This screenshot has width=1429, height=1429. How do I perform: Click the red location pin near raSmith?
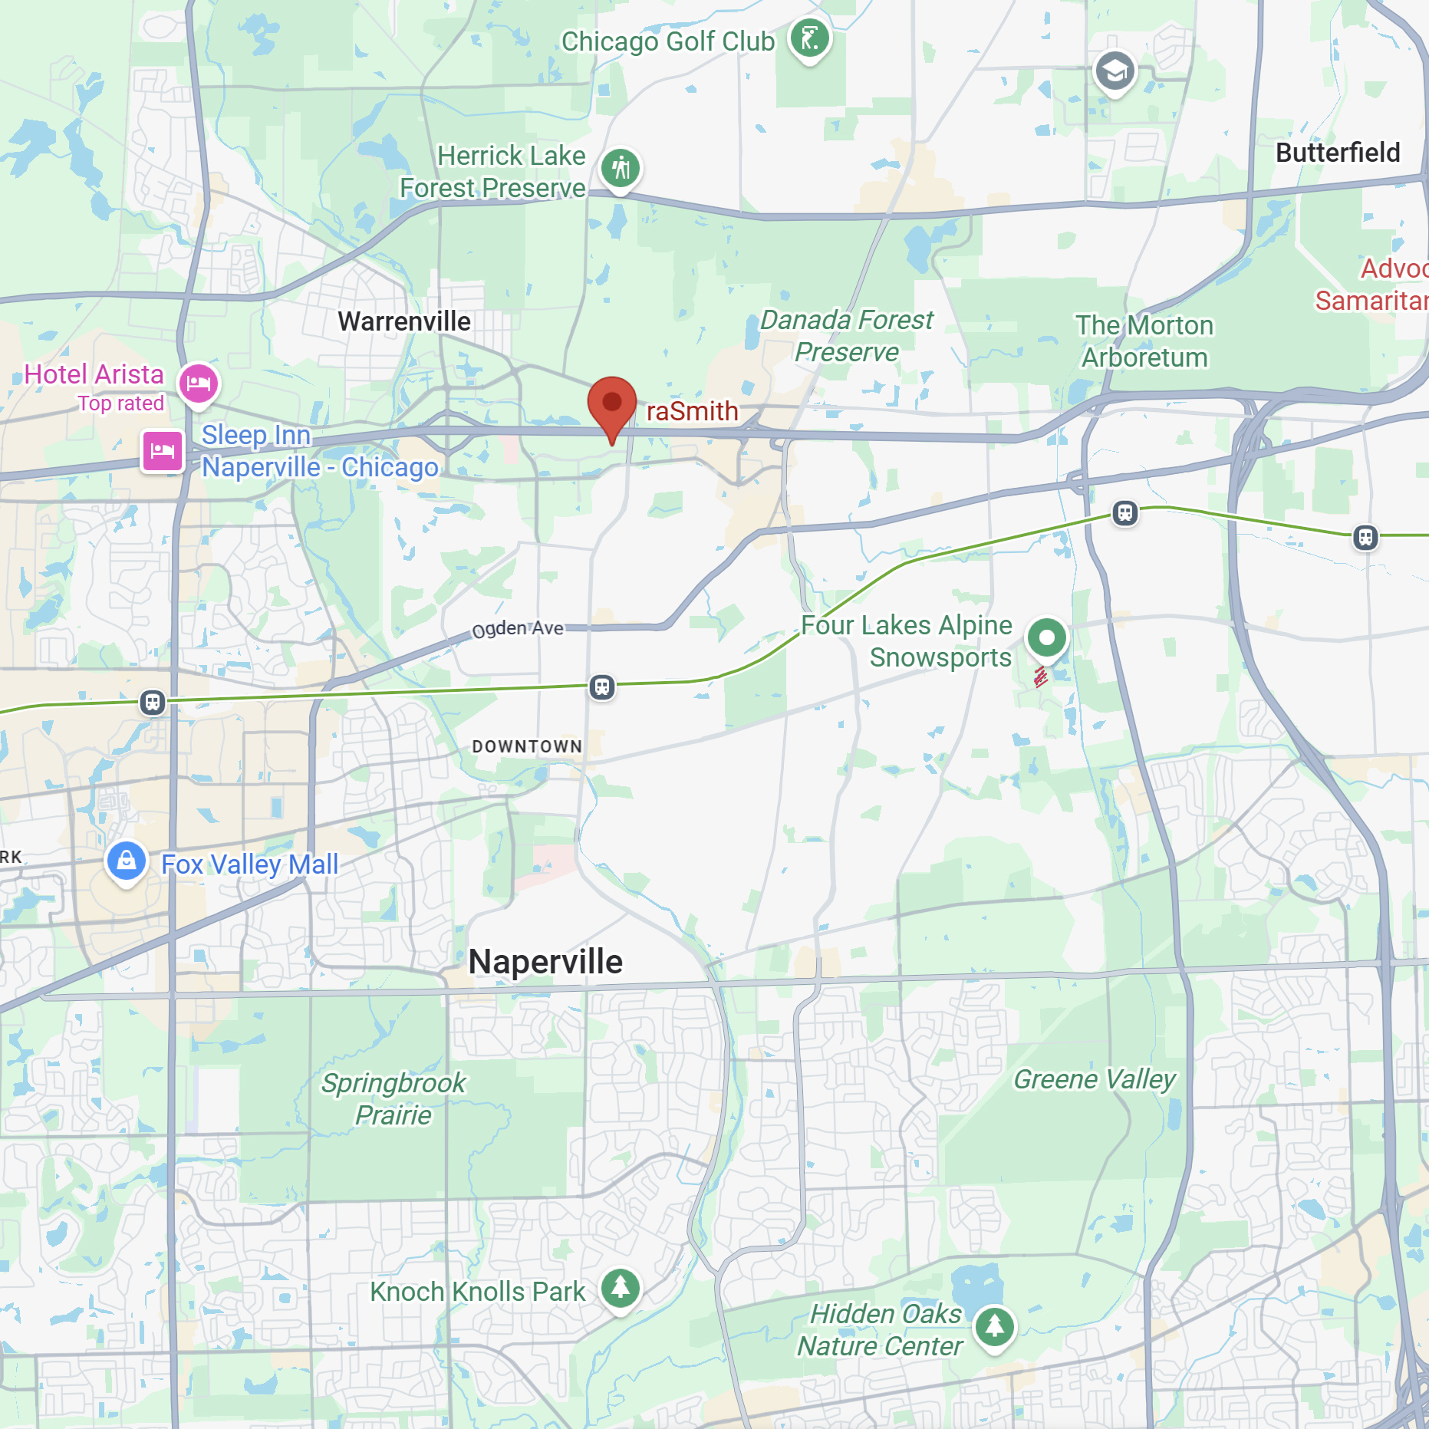click(611, 403)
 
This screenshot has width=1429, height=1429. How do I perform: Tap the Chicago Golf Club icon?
click(809, 38)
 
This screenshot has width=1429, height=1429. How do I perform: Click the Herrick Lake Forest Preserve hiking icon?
click(620, 168)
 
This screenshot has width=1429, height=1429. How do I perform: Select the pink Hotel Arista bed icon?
click(199, 382)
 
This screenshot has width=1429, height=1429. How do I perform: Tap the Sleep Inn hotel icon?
click(162, 450)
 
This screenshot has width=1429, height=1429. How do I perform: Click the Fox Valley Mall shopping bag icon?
click(127, 861)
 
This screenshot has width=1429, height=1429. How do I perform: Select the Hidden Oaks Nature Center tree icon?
click(994, 1325)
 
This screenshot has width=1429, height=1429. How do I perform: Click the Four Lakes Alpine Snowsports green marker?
click(1046, 637)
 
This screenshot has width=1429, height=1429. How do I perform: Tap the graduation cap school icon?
click(1114, 71)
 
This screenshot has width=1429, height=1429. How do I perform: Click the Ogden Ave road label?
click(518, 629)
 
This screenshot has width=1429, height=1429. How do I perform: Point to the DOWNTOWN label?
click(527, 746)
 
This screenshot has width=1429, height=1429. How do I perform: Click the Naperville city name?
click(545, 962)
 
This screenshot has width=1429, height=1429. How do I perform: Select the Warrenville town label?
click(404, 321)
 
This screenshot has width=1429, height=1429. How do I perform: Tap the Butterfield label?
click(1338, 153)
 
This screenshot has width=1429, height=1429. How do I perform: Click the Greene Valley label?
click(1094, 1079)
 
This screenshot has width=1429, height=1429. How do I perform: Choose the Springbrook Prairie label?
click(393, 1098)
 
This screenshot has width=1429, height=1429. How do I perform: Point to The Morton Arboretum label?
click(1144, 341)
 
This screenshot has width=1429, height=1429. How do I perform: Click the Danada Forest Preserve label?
click(847, 336)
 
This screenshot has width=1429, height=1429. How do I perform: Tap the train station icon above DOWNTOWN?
click(602, 687)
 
